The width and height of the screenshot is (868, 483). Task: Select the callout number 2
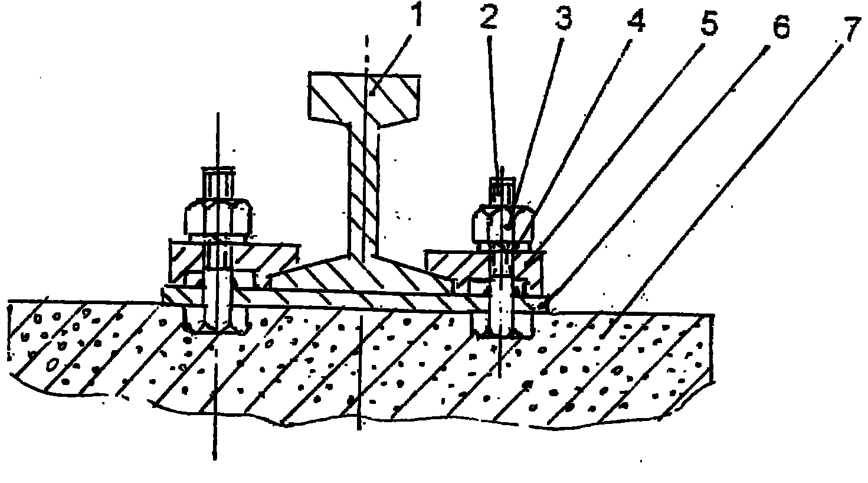click(x=489, y=18)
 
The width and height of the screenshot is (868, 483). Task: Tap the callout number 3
click(x=563, y=18)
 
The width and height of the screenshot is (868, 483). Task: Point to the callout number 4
click(x=636, y=21)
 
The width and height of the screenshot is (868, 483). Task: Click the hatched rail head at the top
click(x=364, y=99)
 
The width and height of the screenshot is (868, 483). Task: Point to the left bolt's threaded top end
click(x=218, y=184)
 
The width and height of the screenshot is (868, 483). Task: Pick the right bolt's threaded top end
click(x=502, y=191)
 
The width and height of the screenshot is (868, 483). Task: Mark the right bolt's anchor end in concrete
click(x=502, y=324)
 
